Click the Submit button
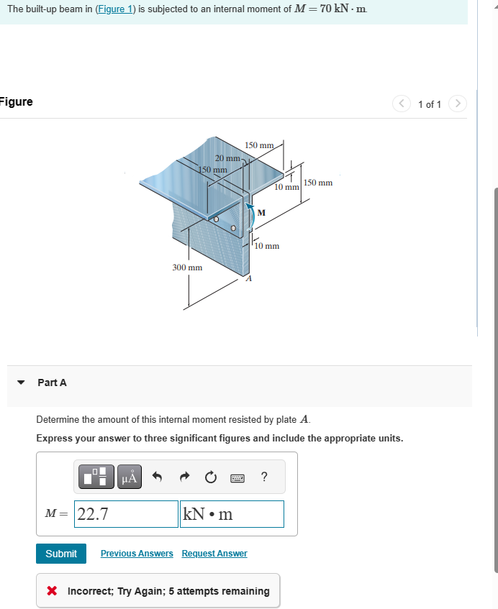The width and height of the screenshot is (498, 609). coord(61,553)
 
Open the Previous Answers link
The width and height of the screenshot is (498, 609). coord(137,553)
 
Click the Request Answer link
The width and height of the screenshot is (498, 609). coord(214,553)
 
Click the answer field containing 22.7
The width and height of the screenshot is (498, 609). coord(127,514)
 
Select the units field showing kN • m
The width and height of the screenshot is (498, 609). coord(232,514)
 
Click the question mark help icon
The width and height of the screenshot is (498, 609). coord(264,476)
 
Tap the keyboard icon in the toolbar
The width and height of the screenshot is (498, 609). coord(237,477)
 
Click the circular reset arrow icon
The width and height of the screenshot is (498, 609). coord(210,476)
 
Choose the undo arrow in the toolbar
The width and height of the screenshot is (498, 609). coord(159,476)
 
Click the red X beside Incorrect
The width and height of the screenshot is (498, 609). coord(51,591)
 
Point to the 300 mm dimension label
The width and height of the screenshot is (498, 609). coord(186,267)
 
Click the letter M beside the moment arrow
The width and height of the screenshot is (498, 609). coord(261,212)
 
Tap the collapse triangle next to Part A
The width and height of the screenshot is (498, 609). coord(20,383)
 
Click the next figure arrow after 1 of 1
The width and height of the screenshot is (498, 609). coord(457,104)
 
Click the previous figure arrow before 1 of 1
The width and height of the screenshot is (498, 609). coord(402,104)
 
